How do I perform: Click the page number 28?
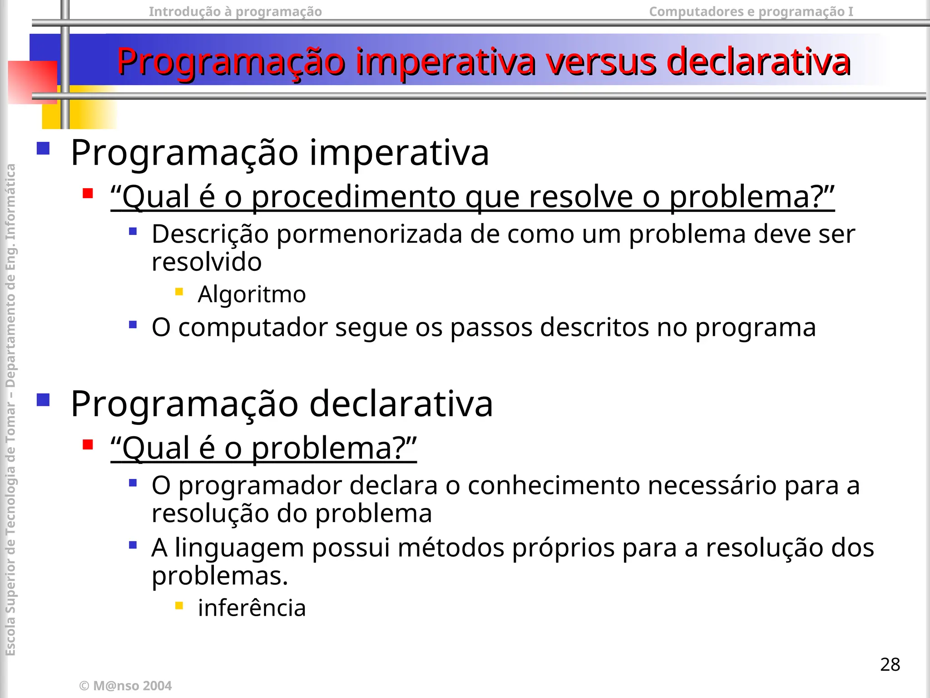[890, 664]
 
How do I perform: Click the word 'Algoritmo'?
[252, 294]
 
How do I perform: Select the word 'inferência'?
[252, 608]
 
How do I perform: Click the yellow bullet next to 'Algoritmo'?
[179, 292]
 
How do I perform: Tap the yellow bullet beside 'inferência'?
[179, 605]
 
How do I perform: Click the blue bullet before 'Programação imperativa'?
[43, 149]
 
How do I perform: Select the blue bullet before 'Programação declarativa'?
[43, 399]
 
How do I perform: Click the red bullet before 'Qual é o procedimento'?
[88, 194]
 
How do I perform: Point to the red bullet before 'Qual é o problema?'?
[88, 444]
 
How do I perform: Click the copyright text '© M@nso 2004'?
[125, 686]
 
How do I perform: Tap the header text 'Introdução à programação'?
[235, 11]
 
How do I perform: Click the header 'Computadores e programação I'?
[751, 11]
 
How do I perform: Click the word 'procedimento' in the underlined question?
[353, 198]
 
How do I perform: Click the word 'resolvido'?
[207, 262]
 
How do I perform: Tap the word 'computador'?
[253, 327]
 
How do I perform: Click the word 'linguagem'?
[239, 548]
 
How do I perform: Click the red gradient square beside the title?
[33, 82]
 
